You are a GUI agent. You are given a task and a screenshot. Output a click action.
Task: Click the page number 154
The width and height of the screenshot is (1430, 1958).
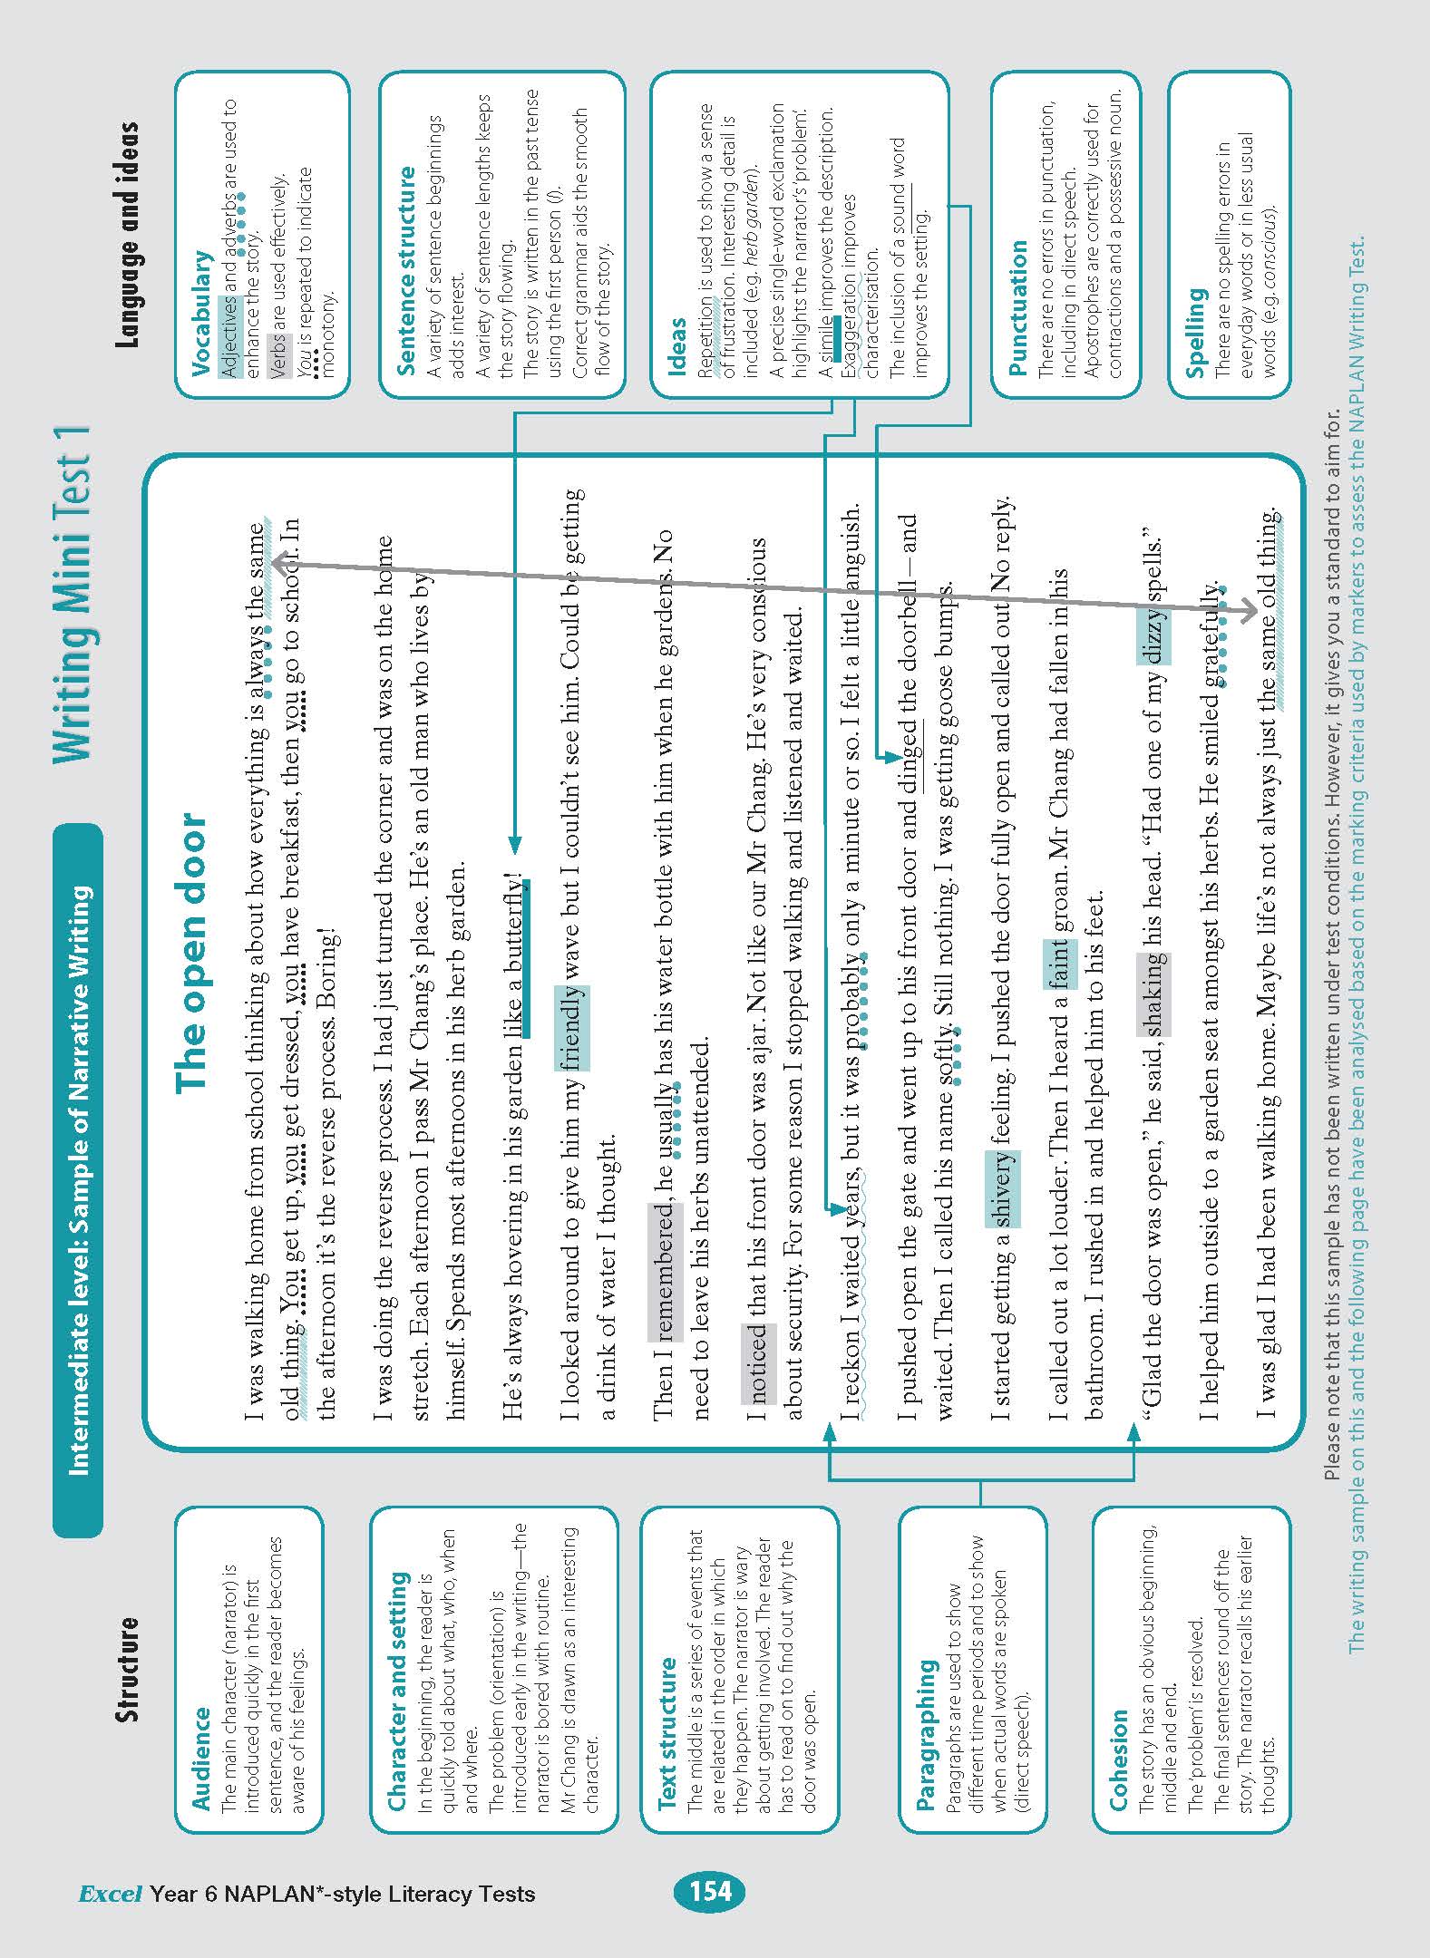click(710, 1891)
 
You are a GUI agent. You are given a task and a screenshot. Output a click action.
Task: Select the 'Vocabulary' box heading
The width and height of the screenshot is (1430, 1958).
click(202, 313)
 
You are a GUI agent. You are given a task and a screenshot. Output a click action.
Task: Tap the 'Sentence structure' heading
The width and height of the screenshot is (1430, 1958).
click(405, 270)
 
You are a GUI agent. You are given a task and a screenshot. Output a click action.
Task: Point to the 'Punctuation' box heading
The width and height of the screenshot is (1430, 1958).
click(1018, 307)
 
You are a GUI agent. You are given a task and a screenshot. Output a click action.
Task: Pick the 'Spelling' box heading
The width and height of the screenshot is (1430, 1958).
click(1195, 332)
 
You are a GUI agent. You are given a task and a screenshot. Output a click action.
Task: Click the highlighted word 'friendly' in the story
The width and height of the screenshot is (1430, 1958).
click(572, 1028)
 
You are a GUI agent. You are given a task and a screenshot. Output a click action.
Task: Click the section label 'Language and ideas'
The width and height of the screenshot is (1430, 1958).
click(128, 234)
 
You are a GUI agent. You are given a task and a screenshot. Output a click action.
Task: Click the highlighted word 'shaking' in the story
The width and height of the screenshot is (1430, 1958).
click(1153, 994)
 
